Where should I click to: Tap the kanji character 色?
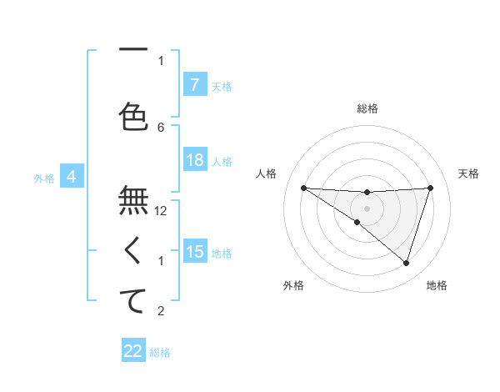(x=133, y=117)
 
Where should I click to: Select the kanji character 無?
(x=133, y=201)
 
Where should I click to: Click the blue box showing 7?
(x=194, y=85)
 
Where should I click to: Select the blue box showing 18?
(x=194, y=161)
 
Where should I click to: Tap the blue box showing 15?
(x=194, y=252)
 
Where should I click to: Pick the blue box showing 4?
(x=72, y=177)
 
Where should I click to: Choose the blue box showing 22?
(x=133, y=351)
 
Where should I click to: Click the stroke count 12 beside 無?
(x=162, y=211)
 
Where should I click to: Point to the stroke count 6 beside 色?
(x=162, y=127)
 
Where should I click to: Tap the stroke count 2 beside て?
(x=162, y=312)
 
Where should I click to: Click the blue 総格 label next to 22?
(x=160, y=353)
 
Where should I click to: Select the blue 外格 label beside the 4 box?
(x=44, y=178)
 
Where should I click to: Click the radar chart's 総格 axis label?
(x=367, y=108)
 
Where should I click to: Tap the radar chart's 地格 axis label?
(x=437, y=285)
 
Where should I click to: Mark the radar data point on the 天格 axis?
(x=430, y=188)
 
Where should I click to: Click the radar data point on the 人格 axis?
(x=303, y=188)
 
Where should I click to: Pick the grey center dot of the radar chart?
(x=367, y=208)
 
